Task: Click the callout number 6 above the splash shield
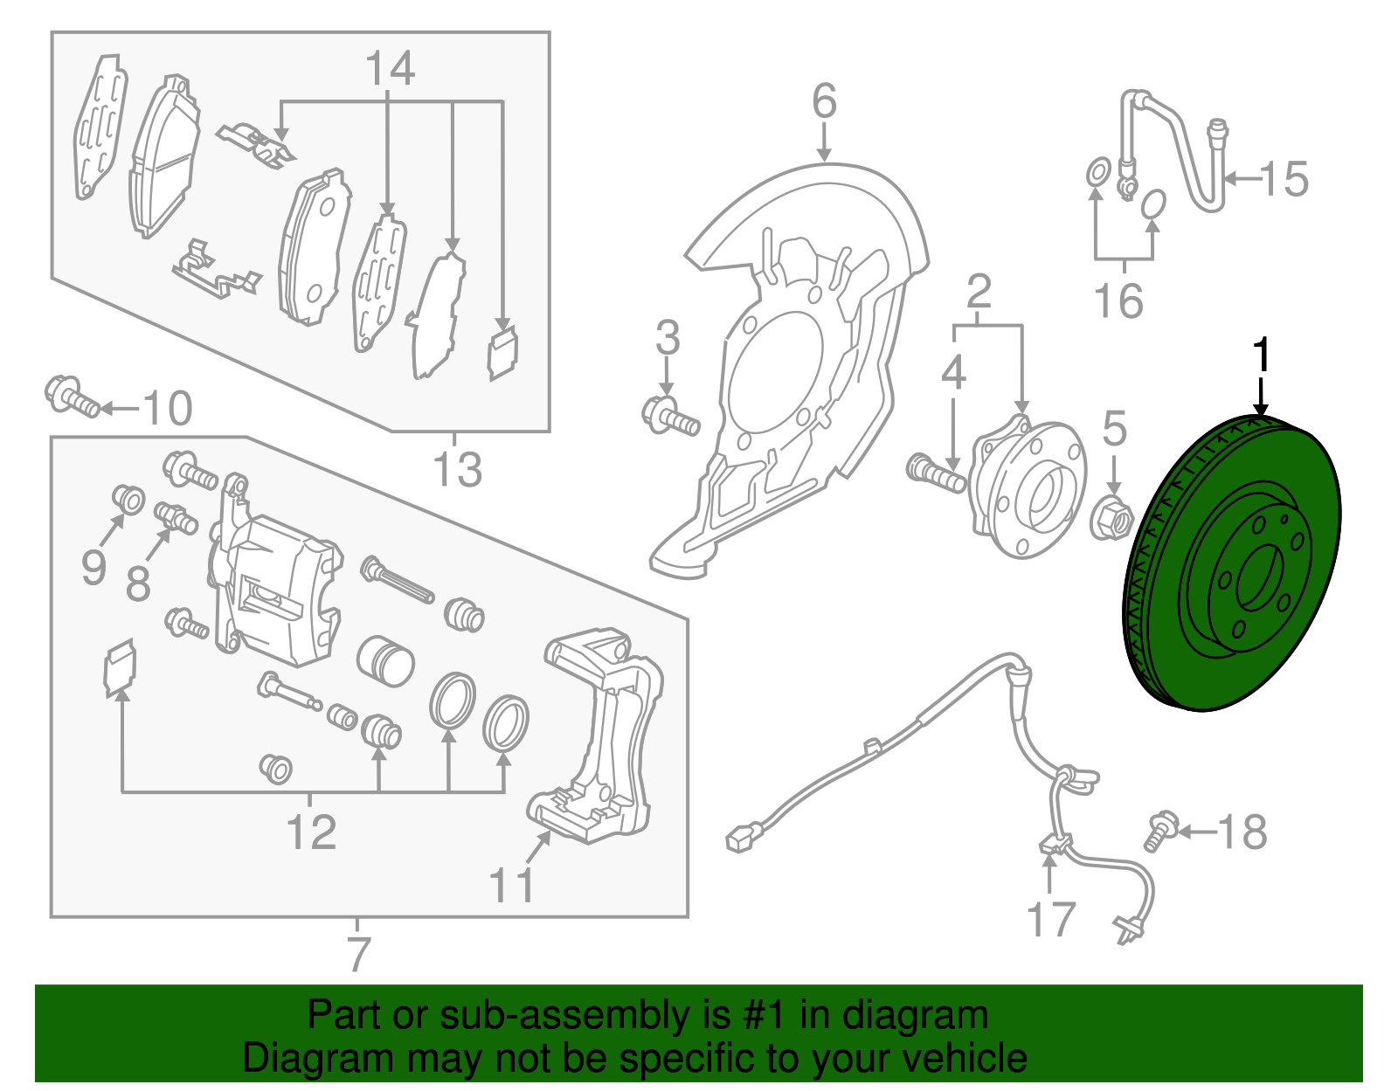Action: pyautogui.click(x=824, y=101)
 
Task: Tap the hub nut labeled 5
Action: pyautogui.click(x=1111, y=518)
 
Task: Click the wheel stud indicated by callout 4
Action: pyautogui.click(x=936, y=472)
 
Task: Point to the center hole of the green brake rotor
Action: pyautogui.click(x=1262, y=577)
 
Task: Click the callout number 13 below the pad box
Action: pyautogui.click(x=457, y=470)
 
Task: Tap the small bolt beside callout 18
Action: pyautogui.click(x=1159, y=829)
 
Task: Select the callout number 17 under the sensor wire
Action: pyautogui.click(x=1049, y=920)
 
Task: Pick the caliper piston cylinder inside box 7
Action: pyautogui.click(x=384, y=660)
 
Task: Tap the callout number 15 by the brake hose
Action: pyautogui.click(x=1284, y=179)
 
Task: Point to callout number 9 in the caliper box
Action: pyautogui.click(x=93, y=569)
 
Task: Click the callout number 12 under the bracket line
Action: pyautogui.click(x=311, y=832)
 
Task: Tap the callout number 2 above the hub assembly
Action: pyautogui.click(x=979, y=291)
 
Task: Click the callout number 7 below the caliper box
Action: pyautogui.click(x=358, y=954)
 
